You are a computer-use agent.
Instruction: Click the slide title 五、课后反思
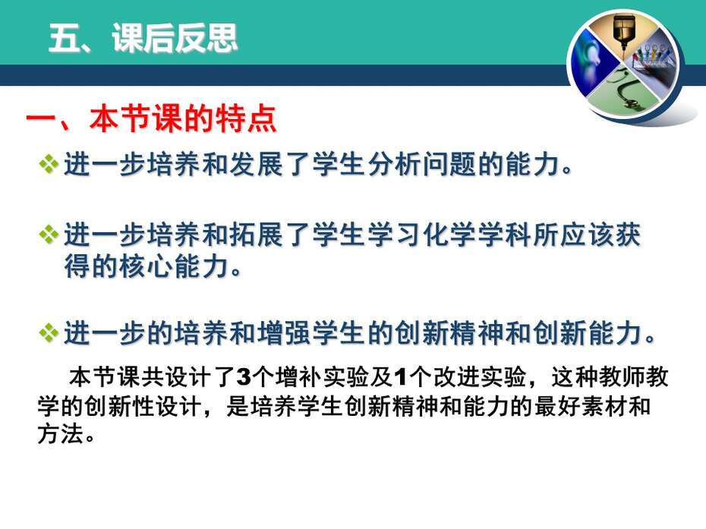(x=143, y=38)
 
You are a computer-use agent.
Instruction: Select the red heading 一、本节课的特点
(x=151, y=119)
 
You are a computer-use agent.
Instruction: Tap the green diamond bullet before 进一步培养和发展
(x=49, y=164)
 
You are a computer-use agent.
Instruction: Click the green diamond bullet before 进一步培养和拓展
(x=49, y=235)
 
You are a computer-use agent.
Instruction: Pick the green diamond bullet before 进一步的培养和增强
(x=49, y=333)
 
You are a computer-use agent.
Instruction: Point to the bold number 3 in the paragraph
(x=243, y=377)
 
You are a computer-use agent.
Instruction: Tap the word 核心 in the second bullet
(x=147, y=266)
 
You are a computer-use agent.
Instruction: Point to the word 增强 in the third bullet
(x=285, y=333)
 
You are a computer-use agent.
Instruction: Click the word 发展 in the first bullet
(x=257, y=164)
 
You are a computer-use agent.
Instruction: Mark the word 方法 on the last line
(x=60, y=434)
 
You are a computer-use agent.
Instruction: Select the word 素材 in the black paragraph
(x=604, y=406)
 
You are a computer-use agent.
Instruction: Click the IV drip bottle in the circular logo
(x=624, y=32)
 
